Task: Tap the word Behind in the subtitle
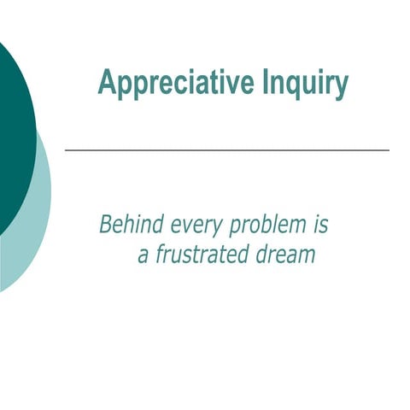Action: click(127, 225)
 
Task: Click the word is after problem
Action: click(319, 225)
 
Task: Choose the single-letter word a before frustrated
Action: click(143, 255)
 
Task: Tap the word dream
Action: click(286, 255)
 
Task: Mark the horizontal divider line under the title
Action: click(227, 149)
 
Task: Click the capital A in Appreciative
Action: click(107, 84)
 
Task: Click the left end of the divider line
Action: click(67, 149)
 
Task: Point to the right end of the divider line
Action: click(389, 149)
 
